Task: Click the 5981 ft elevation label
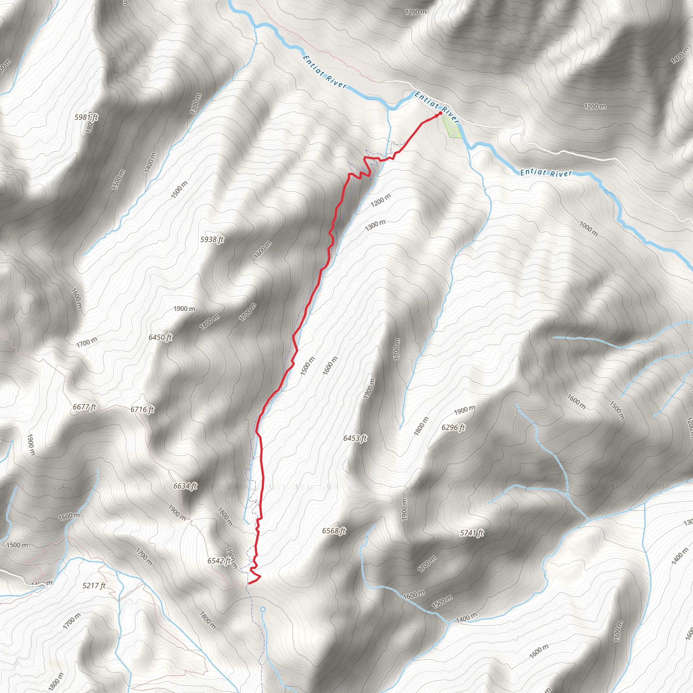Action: [x=86, y=117]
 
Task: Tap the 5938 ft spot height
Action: [x=212, y=239]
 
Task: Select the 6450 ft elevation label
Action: [x=160, y=337]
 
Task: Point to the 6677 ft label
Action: [x=85, y=407]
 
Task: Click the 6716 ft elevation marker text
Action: [x=142, y=409]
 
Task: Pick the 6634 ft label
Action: [x=185, y=486]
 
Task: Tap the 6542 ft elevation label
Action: [x=219, y=561]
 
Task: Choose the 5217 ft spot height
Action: [x=94, y=586]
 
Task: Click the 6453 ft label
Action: [x=355, y=438]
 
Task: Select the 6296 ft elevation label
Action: [x=453, y=427]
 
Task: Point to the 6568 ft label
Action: [x=334, y=531]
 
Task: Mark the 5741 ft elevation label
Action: [x=472, y=533]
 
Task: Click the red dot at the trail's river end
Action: [x=441, y=113]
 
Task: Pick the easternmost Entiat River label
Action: [x=546, y=173]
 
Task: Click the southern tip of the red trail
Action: [x=249, y=583]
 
